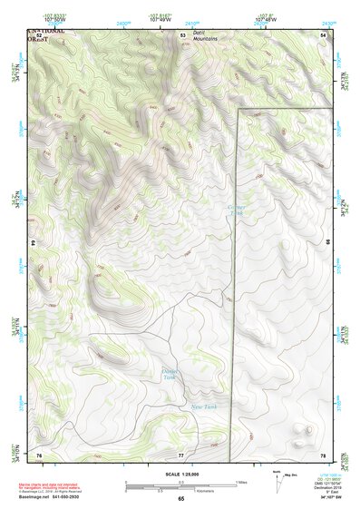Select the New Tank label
click(202, 406)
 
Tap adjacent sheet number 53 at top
click(182, 35)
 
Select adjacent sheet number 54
click(324, 35)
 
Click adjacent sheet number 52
click(39, 35)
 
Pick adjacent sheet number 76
click(39, 454)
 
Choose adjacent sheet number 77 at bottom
click(181, 454)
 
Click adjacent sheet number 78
click(323, 454)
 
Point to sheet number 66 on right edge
click(326, 243)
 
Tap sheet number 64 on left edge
click(35, 243)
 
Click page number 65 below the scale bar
click(180, 499)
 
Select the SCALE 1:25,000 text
click(180, 475)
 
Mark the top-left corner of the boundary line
click(238, 110)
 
